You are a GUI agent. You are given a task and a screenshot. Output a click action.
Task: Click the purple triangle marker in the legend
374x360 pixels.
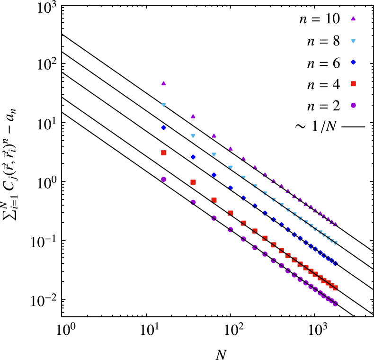[x=353, y=19]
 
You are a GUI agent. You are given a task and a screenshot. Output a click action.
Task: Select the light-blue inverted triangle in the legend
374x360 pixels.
[x=353, y=41]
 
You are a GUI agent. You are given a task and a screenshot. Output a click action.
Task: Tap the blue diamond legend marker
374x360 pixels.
[x=353, y=62]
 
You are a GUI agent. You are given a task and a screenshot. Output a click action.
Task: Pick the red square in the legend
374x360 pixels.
[x=353, y=84]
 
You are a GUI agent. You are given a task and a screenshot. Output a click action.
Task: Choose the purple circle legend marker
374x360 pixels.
[x=353, y=105]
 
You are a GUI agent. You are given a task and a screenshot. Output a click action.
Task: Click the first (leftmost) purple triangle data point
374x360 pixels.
[x=164, y=83]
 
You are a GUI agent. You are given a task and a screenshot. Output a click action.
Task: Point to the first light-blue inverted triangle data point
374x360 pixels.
[x=164, y=105]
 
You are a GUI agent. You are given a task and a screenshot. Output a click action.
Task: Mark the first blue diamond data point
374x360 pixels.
[x=164, y=127]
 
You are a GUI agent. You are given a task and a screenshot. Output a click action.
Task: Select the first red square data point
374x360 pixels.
[x=164, y=153]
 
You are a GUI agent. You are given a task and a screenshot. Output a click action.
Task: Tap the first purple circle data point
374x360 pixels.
[x=164, y=180]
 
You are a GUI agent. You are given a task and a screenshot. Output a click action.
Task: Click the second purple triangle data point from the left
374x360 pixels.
[x=193, y=116]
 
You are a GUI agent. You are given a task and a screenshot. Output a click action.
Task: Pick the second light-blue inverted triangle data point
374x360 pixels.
[x=193, y=136]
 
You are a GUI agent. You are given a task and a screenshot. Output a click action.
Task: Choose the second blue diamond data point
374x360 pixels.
[x=193, y=157]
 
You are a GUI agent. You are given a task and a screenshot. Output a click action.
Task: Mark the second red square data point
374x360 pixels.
[x=193, y=182]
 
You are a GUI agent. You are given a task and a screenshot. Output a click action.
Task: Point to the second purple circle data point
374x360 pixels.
[x=193, y=202]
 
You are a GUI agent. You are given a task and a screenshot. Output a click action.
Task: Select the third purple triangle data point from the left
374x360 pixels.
[x=214, y=136]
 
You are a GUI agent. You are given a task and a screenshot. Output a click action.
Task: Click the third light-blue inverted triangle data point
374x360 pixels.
[x=214, y=155]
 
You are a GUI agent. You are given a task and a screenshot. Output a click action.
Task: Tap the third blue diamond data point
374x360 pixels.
[x=214, y=175]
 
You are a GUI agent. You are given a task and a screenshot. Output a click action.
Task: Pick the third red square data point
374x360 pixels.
[x=214, y=200]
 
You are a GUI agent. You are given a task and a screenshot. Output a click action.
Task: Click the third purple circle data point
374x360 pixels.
[x=214, y=218]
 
